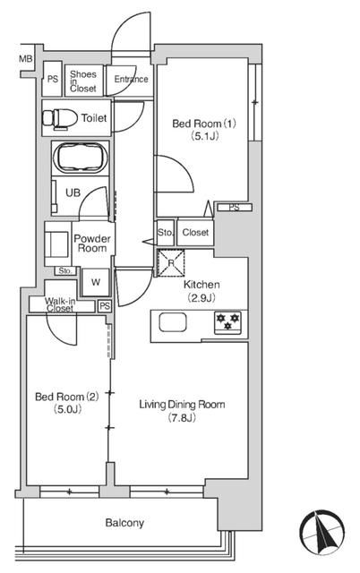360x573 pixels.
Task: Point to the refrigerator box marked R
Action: pyautogui.click(x=170, y=262)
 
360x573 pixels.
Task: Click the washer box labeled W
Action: pyautogui.click(x=95, y=282)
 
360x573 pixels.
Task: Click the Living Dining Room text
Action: pyautogui.click(x=181, y=405)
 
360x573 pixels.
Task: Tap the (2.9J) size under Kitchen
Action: pyautogui.click(x=201, y=297)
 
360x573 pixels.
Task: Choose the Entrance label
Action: pyautogui.click(x=131, y=80)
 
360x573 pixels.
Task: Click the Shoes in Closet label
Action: pyautogui.click(x=84, y=81)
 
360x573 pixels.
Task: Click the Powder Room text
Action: pyautogui.click(x=92, y=244)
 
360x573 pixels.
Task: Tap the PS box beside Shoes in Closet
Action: pyautogui.click(x=52, y=80)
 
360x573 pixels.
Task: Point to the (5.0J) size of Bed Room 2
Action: pyautogui.click(x=57, y=410)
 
